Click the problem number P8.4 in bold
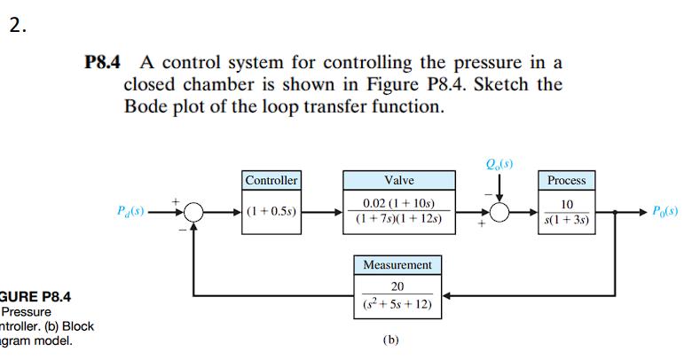point(104,63)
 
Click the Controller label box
point(271,180)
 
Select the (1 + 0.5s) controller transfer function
point(271,213)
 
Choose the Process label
point(566,180)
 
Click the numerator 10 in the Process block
point(566,204)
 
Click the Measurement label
point(397,264)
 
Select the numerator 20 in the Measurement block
point(397,286)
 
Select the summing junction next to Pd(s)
point(194,213)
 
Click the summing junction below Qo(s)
point(500,213)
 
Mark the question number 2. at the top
point(19,25)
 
